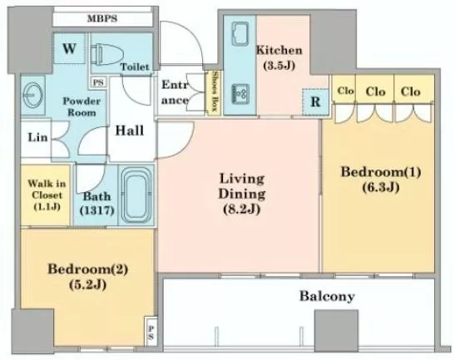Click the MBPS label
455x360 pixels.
coord(102,19)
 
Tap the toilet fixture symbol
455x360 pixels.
coord(106,54)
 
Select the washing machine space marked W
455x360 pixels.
coord(69,48)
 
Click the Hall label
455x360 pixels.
coord(130,131)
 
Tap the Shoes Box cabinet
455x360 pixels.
coord(215,91)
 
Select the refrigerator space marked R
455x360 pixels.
coord(315,101)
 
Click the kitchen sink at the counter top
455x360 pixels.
coord(240,33)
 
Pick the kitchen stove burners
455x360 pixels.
coord(240,95)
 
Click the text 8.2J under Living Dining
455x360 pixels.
coord(241,209)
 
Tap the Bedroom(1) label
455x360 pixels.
coord(381,172)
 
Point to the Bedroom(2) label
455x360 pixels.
coord(87,269)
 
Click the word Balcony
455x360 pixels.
coord(327,297)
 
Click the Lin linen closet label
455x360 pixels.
coord(37,137)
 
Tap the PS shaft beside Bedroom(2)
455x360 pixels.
coord(151,333)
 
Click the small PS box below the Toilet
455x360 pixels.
coord(99,82)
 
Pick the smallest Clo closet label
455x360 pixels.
coord(345,91)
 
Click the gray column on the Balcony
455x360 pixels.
coord(336,327)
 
